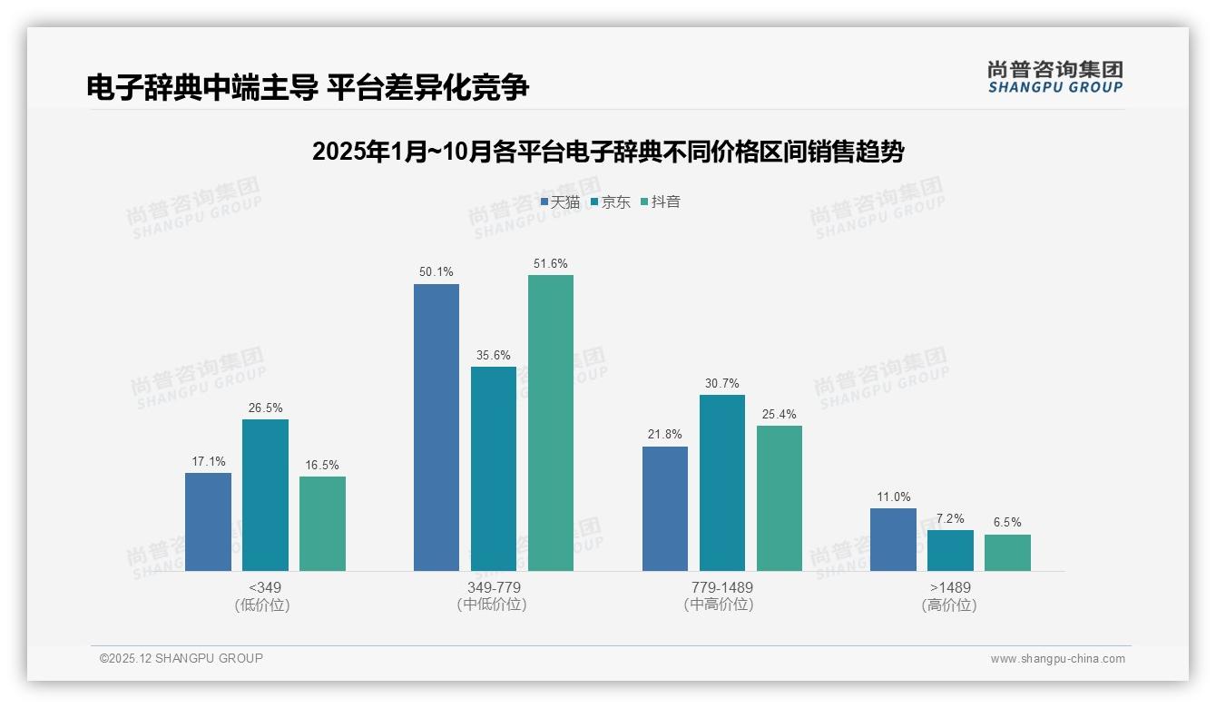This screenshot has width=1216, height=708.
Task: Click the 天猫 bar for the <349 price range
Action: [208, 522]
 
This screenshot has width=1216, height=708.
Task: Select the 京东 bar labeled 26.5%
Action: [265, 495]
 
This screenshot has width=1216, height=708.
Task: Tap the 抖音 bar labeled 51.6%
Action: [551, 423]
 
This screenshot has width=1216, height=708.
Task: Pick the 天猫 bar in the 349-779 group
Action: [436, 428]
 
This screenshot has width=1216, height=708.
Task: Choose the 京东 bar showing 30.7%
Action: [722, 483]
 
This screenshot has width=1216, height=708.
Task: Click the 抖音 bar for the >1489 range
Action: [1007, 553]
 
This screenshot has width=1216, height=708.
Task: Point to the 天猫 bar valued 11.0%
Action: [893, 539]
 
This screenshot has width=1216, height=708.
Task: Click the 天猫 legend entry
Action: [560, 202]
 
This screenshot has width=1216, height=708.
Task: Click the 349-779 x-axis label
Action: [494, 587]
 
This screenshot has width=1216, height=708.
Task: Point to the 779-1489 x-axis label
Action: [721, 587]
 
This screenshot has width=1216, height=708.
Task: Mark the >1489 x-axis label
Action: [950, 587]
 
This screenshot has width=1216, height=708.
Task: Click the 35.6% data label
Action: [494, 356]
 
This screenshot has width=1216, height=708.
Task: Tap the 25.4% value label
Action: [779, 415]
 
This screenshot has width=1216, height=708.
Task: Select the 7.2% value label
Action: [950, 519]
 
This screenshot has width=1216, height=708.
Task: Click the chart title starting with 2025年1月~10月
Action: [607, 152]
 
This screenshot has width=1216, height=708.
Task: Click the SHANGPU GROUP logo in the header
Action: [1055, 76]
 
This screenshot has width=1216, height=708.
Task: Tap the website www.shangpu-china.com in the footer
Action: [1057, 659]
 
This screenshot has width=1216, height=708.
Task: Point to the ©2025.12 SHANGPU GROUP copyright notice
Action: [181, 658]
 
